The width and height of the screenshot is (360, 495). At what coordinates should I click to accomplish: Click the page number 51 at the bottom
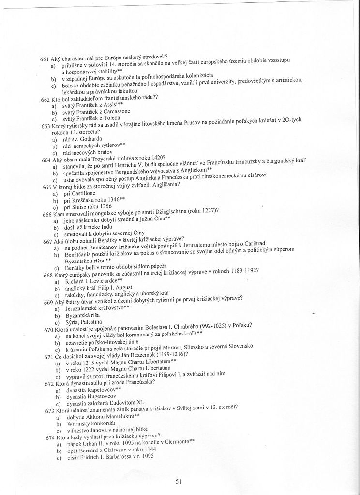179,481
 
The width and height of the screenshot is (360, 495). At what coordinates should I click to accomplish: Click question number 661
45,58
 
